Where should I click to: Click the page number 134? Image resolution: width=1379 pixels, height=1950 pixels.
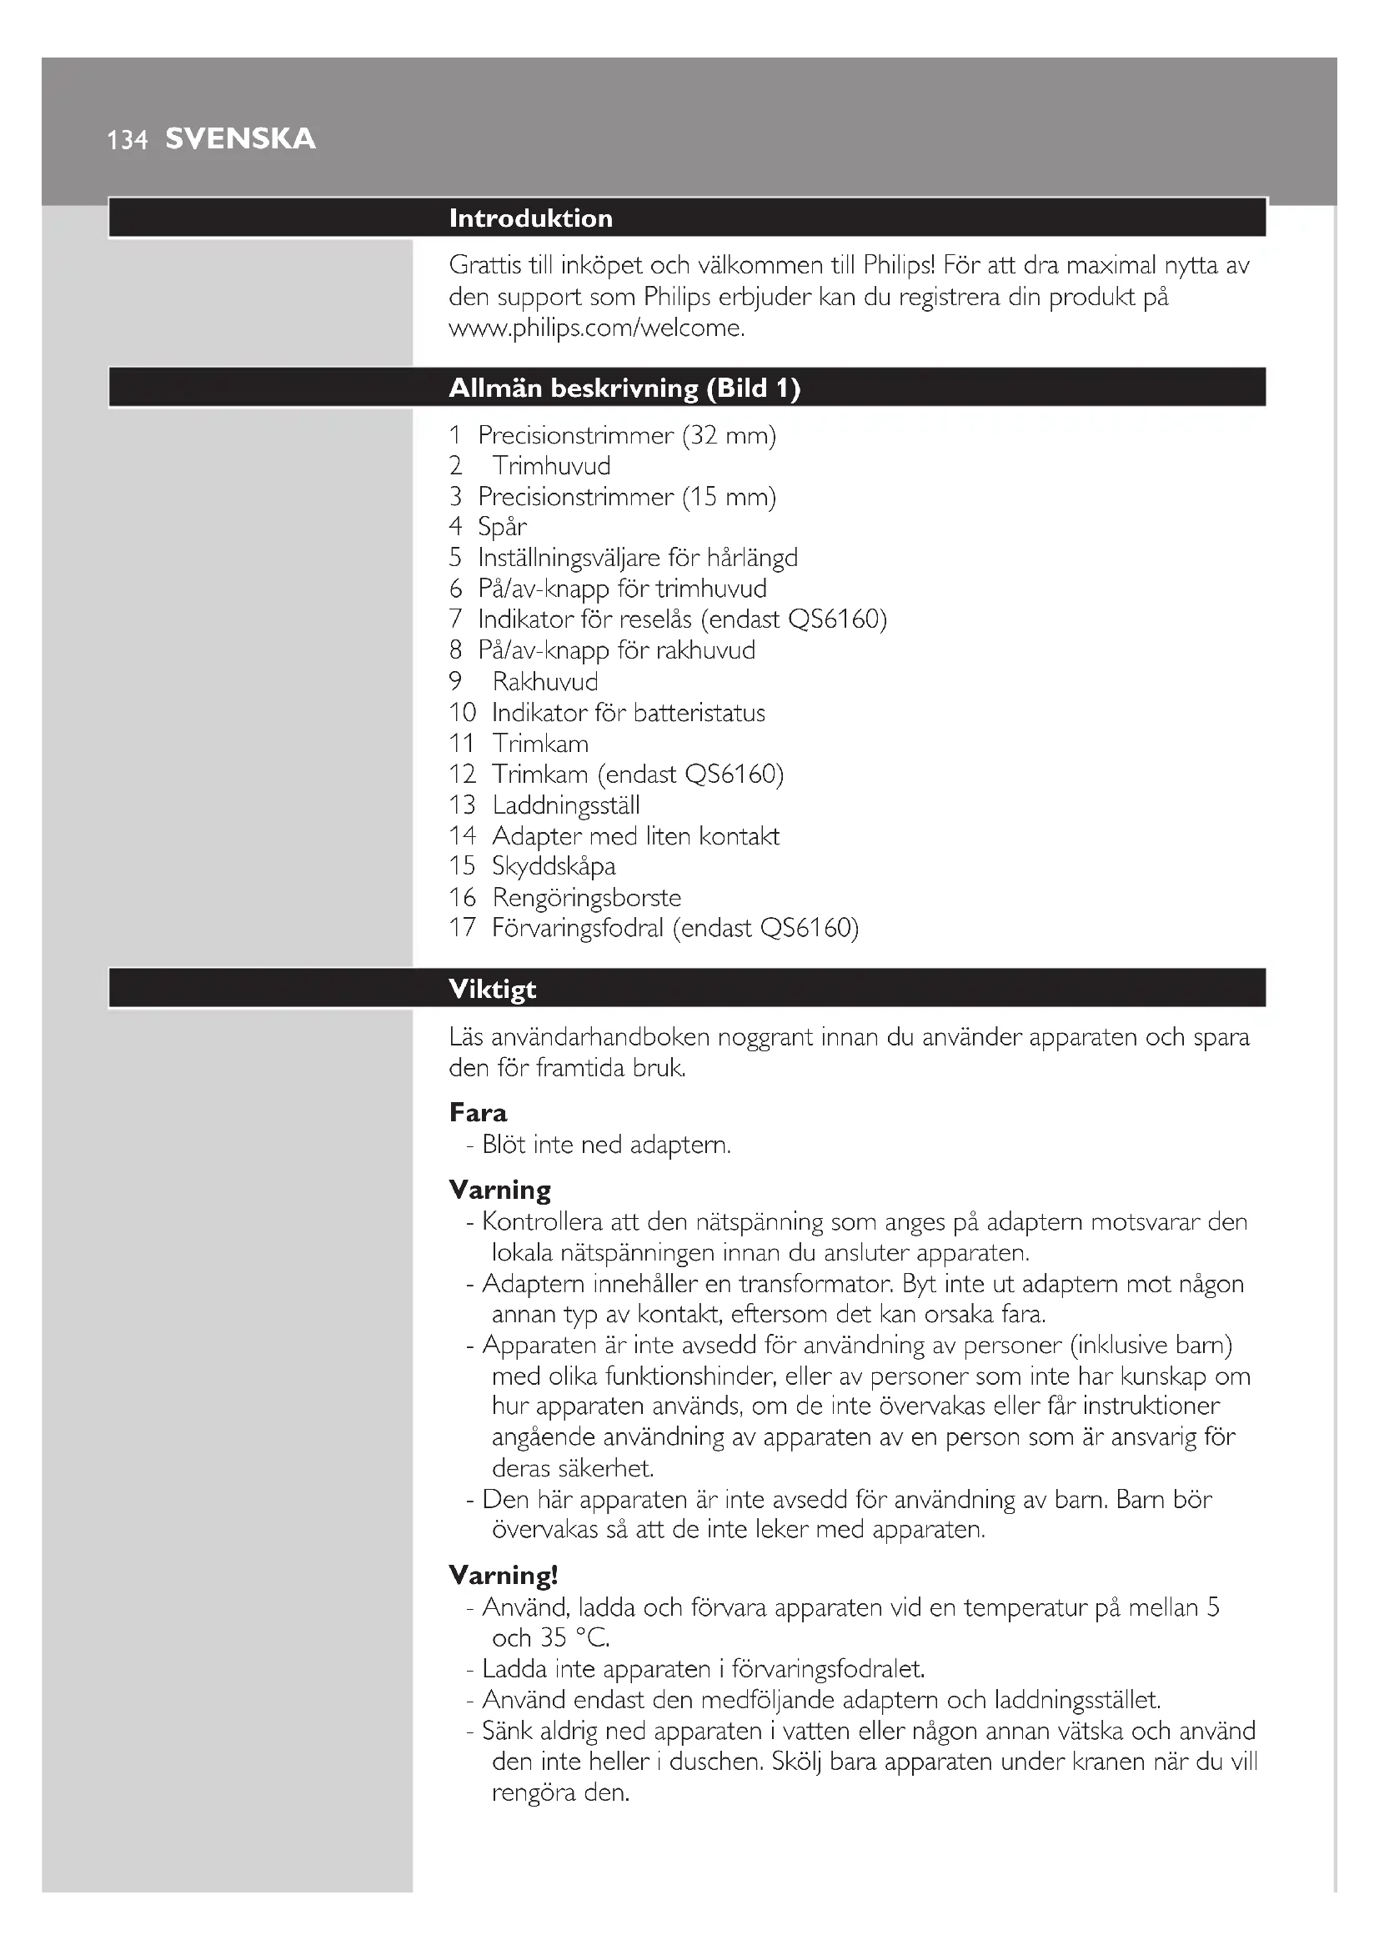(x=128, y=140)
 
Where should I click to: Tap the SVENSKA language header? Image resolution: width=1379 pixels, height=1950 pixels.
(x=240, y=138)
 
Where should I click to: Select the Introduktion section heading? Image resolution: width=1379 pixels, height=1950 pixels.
(x=531, y=218)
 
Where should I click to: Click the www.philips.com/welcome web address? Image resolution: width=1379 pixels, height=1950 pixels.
(x=596, y=328)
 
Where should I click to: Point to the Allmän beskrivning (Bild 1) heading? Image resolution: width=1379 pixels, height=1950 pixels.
(x=624, y=388)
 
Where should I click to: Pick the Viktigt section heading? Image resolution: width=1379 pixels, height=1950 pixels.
(x=493, y=990)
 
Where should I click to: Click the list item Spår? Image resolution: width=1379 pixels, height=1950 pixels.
(x=502, y=528)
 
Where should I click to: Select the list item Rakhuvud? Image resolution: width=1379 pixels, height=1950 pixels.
(x=545, y=682)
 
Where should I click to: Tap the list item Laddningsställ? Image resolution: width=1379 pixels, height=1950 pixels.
(x=565, y=805)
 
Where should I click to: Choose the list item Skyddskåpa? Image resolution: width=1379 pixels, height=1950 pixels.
(x=554, y=866)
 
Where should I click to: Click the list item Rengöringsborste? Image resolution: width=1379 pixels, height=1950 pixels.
(x=586, y=898)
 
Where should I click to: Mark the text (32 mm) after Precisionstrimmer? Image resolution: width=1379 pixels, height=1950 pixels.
(x=729, y=436)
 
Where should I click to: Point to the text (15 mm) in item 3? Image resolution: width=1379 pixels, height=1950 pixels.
(x=729, y=497)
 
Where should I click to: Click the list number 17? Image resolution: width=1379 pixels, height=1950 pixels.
(x=463, y=928)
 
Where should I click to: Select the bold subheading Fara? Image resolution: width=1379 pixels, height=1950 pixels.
(x=478, y=1114)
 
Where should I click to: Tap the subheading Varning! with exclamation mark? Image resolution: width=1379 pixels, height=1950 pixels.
(x=503, y=1576)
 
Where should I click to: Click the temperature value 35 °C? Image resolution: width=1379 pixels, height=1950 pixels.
(x=574, y=1638)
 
